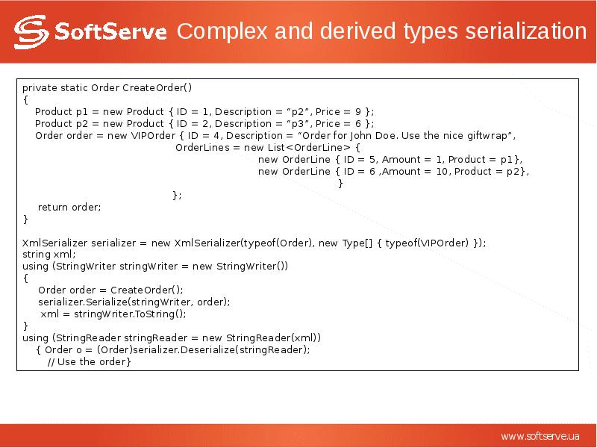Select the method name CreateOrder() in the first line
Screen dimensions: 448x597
[x=157, y=87]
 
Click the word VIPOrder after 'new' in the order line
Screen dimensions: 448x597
[x=152, y=136]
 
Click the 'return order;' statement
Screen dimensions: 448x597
[x=69, y=208]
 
